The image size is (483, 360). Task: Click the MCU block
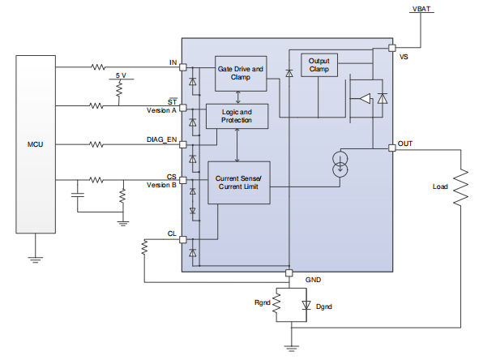click(x=35, y=144)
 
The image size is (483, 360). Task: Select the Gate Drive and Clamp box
click(x=241, y=74)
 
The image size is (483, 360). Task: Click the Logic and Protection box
click(x=236, y=116)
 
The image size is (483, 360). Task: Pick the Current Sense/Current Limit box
click(x=238, y=182)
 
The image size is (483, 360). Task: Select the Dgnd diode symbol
click(x=306, y=306)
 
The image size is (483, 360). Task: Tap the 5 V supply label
click(x=120, y=75)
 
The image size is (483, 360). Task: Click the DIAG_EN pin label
click(x=161, y=139)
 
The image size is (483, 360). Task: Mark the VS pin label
click(x=404, y=57)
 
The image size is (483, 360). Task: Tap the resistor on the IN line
click(x=98, y=66)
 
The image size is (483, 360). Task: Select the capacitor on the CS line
click(x=78, y=195)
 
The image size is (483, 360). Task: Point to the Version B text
click(x=161, y=185)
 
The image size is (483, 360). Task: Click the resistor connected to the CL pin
click(x=144, y=250)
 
